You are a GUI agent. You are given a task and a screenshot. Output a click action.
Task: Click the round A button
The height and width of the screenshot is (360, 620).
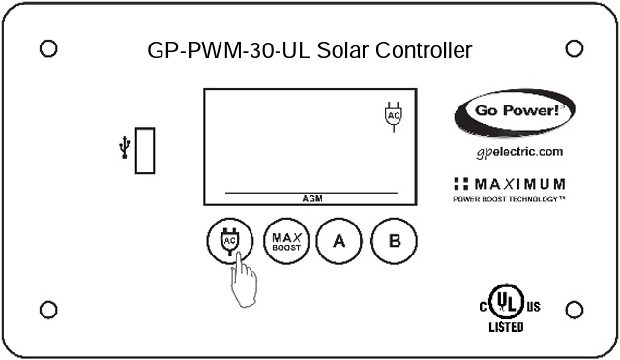point(340,241)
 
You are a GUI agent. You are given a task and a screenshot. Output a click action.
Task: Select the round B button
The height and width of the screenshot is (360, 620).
point(394,241)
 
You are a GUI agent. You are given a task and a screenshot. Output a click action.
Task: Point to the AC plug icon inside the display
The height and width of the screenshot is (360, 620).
point(393,115)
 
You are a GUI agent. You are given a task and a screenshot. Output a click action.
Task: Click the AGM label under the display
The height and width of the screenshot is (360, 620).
point(312,198)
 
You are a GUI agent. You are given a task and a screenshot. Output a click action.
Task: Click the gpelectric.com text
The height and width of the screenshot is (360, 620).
point(519,152)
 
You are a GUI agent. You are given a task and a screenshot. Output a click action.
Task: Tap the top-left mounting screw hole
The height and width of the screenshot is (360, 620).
point(47,47)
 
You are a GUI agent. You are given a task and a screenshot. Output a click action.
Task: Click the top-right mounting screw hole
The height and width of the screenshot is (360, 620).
point(573,47)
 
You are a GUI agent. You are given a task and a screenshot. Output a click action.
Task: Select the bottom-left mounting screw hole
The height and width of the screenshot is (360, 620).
point(47,310)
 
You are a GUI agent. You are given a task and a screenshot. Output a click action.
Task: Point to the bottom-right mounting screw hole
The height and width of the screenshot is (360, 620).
point(573,310)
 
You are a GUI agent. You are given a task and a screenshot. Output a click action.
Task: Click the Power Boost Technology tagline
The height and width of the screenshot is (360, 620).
point(509,199)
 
